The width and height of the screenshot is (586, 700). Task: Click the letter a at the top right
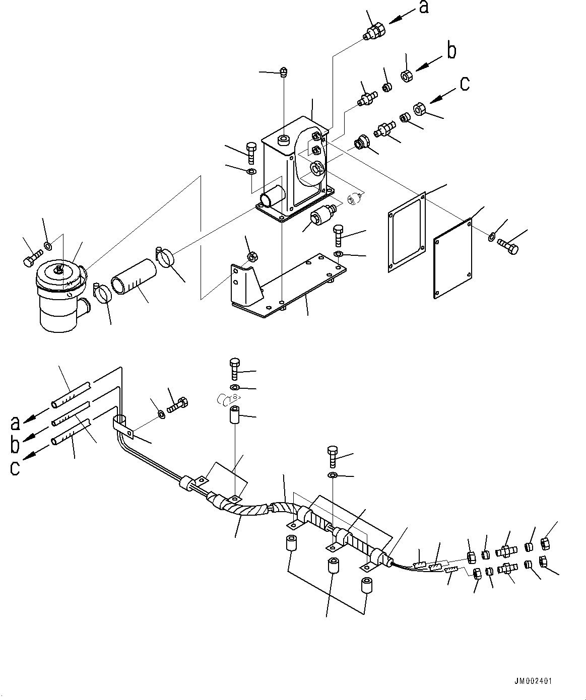click(424, 8)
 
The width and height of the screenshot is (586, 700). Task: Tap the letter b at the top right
click(452, 51)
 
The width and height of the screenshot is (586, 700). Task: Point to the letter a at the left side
click(16, 422)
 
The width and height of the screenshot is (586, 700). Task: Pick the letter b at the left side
click(15, 444)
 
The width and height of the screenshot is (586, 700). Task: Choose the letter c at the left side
click(15, 467)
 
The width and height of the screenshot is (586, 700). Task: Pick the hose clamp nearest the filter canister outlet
click(103, 293)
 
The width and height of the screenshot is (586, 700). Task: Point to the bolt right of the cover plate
click(507, 246)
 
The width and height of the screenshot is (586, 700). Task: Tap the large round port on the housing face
click(317, 169)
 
